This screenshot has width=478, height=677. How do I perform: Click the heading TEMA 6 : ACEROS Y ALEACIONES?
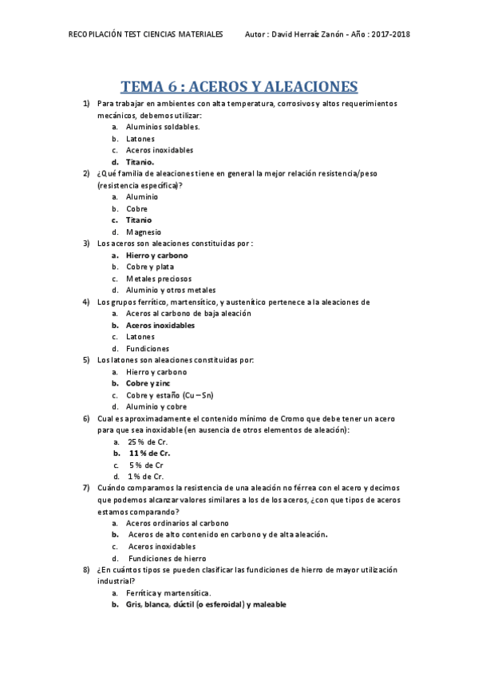[x=239, y=86]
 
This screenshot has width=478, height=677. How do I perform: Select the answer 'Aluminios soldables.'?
[x=163, y=126]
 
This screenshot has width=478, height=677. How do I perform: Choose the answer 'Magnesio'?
[x=144, y=232]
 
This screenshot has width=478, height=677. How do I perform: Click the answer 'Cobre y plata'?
[x=150, y=267]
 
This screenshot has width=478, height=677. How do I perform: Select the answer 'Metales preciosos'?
[x=159, y=279]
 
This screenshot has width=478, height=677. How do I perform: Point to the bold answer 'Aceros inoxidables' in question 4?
[x=160, y=326]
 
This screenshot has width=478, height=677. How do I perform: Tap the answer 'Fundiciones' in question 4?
[x=148, y=349]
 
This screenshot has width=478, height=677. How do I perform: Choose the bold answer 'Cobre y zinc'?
[x=148, y=383]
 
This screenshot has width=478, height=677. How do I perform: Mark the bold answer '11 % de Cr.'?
[x=150, y=453]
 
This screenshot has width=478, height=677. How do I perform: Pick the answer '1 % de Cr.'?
[x=146, y=477]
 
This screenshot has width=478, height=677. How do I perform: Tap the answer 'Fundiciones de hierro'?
[x=167, y=558]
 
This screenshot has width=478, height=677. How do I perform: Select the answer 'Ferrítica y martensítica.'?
[x=168, y=593]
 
